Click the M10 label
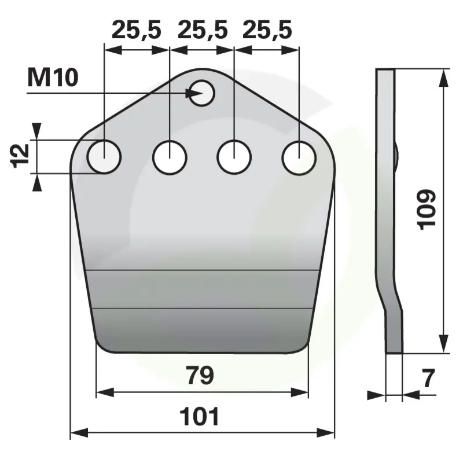coord(53,78)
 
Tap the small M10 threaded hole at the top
coord(201,93)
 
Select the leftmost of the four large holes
coord(104,156)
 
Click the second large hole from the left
coord(170,157)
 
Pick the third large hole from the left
coord(234,157)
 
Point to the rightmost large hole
coord(299,157)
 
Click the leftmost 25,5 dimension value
coord(137,30)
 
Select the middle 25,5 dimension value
coord(203,30)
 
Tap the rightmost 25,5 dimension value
coord(267,30)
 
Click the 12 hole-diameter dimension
coord(20,156)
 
